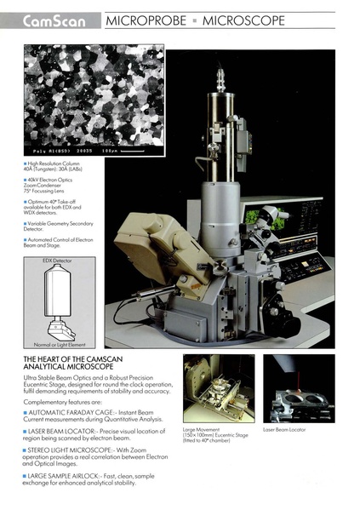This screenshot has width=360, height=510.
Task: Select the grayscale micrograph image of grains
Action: pos(94,102)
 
